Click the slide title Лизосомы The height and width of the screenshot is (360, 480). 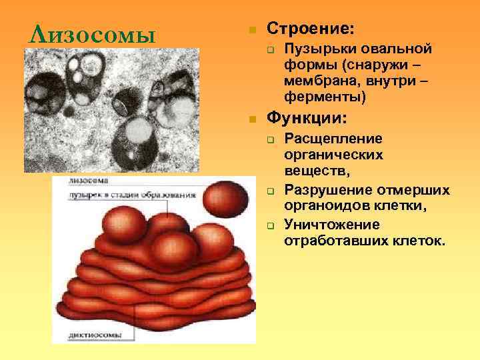pyautogui.click(x=89, y=33)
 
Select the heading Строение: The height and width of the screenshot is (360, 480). pyautogui.click(x=311, y=29)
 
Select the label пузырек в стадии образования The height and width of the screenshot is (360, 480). pyautogui.click(x=131, y=195)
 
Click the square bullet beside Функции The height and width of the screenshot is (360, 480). pyautogui.click(x=251, y=120)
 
